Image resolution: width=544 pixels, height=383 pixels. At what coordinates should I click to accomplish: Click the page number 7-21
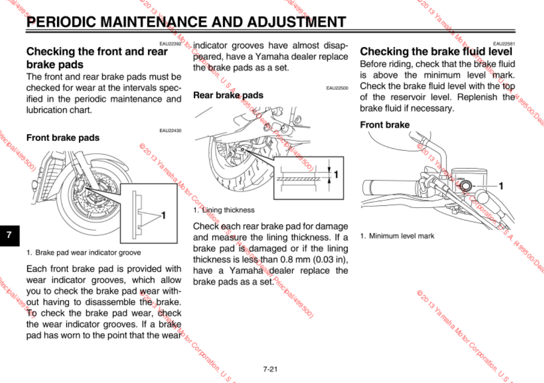(x=270, y=369)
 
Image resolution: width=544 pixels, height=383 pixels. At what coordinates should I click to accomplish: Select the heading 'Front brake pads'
(x=63, y=138)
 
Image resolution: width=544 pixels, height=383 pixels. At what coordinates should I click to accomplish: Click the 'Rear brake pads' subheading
(x=228, y=95)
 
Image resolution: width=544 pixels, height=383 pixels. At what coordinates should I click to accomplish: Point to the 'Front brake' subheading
(x=384, y=125)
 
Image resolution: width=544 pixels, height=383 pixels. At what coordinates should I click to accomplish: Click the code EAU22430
(x=171, y=131)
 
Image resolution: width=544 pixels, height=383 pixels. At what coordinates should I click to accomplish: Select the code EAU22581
(x=504, y=43)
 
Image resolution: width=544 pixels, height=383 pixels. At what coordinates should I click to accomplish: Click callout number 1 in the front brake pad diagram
(x=163, y=215)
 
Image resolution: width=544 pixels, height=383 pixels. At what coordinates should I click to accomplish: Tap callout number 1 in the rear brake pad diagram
(x=336, y=174)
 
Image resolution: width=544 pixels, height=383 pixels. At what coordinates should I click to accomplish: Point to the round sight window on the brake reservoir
(x=464, y=186)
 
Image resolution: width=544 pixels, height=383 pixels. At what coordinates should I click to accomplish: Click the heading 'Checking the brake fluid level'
(x=436, y=51)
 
